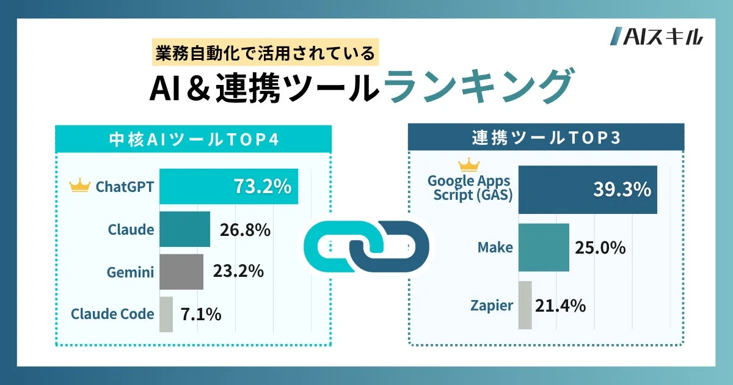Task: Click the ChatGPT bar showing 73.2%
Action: coord(228,186)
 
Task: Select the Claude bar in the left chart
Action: coord(184,229)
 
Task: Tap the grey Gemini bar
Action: coord(181,272)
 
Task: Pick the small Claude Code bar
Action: coord(166,314)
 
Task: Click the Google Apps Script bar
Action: coord(587,189)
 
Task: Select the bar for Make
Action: coord(543,248)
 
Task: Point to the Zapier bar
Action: coord(525,305)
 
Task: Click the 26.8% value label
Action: coord(244,230)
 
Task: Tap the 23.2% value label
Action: coord(238,271)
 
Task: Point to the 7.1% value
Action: coord(200,315)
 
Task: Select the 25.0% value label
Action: coord(600,248)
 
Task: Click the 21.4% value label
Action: coord(560,305)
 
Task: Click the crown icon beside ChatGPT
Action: coord(81,186)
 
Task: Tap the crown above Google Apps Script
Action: coord(469,164)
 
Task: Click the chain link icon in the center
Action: coord(366,246)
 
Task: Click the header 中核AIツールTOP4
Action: coord(193,139)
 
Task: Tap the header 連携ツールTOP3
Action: coord(545,138)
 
